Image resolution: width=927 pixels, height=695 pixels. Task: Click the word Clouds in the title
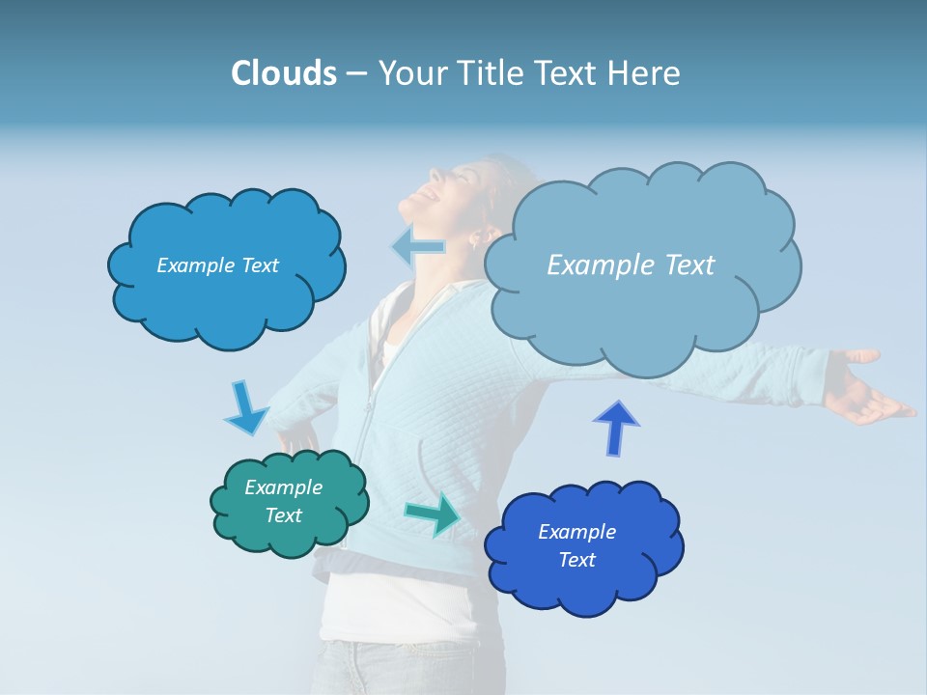point(283,73)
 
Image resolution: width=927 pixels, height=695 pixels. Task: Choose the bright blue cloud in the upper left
point(227,299)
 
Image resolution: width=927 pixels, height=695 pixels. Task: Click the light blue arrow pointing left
point(419,247)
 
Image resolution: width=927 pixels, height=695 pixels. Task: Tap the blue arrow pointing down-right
point(245,408)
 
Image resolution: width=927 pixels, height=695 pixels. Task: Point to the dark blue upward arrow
point(616,428)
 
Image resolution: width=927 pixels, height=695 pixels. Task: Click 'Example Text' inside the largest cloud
point(631,265)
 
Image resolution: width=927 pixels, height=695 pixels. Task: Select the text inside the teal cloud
point(284,501)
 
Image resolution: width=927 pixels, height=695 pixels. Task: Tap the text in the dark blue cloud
point(576,545)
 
